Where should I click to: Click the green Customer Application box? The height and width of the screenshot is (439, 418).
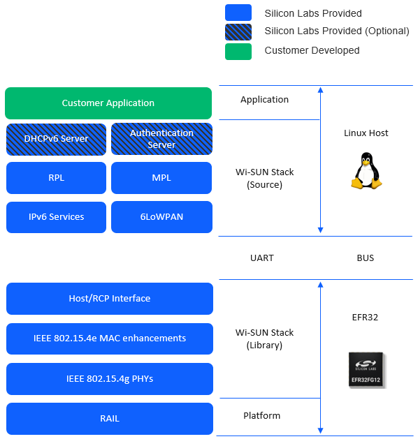(108, 103)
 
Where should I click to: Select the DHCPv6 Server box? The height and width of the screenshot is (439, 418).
(56, 139)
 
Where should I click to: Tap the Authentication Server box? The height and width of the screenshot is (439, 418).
(161, 139)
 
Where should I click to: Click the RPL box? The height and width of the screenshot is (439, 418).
(56, 178)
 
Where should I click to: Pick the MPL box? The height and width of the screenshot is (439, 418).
(161, 178)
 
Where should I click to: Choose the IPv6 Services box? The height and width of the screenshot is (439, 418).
(56, 217)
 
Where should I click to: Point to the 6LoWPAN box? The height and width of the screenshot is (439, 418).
(161, 217)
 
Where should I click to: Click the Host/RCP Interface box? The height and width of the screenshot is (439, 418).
(109, 299)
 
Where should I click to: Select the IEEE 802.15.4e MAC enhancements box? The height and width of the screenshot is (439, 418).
(109, 338)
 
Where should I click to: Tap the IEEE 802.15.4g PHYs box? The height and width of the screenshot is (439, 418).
(109, 379)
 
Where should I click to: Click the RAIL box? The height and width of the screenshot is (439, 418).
(109, 419)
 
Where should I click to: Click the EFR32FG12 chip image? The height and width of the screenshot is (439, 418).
(367, 370)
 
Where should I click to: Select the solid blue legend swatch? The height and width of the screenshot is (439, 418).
(238, 13)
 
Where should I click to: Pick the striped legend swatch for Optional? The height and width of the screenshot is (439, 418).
(238, 31)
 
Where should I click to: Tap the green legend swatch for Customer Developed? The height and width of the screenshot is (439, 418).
(238, 51)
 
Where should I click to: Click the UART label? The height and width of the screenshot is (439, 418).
(262, 258)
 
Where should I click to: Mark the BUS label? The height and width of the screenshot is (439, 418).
(365, 258)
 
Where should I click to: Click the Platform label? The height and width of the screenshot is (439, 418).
(261, 416)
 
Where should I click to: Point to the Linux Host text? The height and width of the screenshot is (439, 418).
(366, 133)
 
